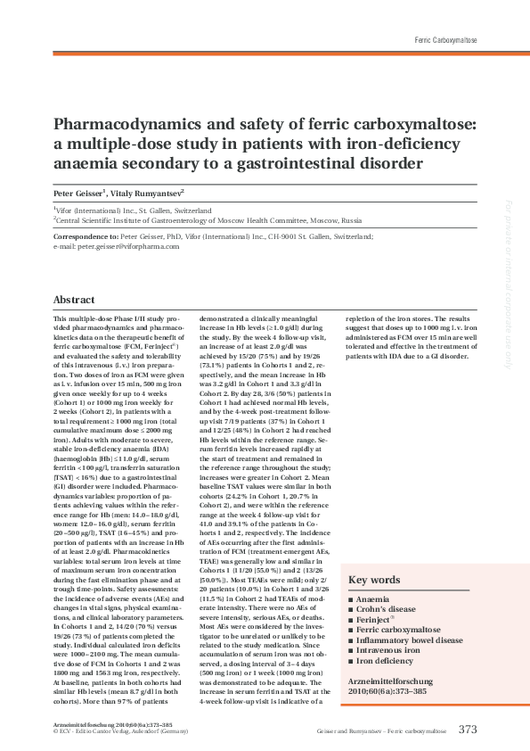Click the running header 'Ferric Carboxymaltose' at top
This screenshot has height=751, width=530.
pyautogui.click(x=445, y=41)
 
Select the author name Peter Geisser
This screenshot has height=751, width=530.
pyautogui.click(x=77, y=192)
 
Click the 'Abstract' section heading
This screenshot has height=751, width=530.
pyautogui.click(x=74, y=300)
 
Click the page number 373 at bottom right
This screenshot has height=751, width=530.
pyautogui.click(x=468, y=729)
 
